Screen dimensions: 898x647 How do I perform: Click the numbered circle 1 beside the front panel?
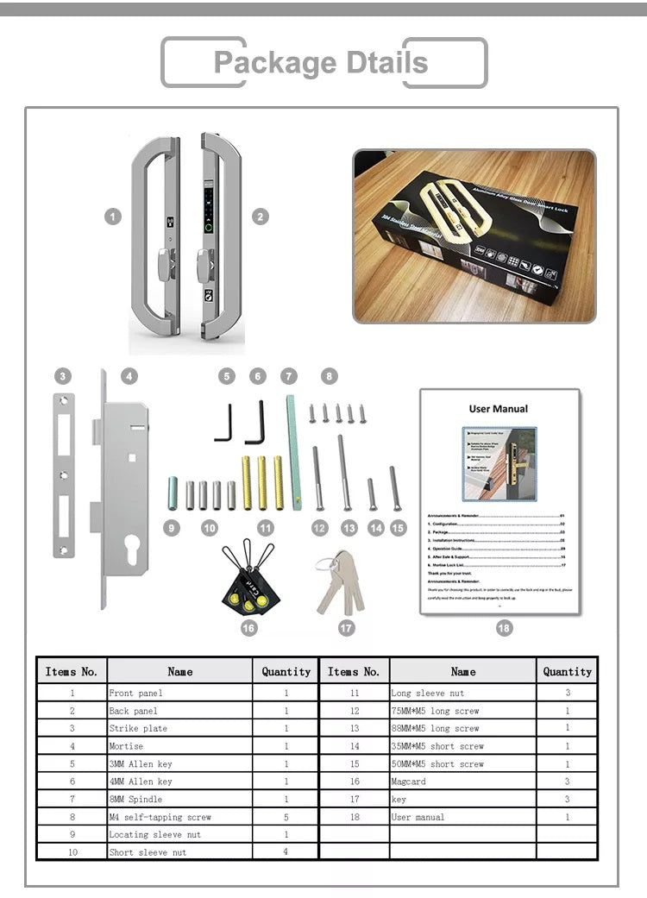[113, 217]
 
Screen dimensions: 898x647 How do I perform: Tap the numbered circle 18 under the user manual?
[504, 628]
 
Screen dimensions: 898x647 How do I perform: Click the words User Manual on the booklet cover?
[499, 409]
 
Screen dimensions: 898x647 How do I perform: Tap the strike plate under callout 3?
[64, 475]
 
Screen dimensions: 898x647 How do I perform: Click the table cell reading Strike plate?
[138, 728]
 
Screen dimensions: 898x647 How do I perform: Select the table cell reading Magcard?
[408, 782]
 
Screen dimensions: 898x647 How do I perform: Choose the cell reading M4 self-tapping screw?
[160, 817]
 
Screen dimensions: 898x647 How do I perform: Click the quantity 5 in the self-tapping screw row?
[286, 817]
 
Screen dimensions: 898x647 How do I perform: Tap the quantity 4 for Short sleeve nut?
[286, 851]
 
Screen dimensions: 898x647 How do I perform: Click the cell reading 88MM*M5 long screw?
[435, 728]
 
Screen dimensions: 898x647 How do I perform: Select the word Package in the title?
[263, 63]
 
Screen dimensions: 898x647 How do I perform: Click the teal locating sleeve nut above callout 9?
[173, 493]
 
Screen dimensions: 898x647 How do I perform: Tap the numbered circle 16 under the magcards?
[249, 628]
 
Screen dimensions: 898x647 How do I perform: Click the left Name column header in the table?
[180, 671]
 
